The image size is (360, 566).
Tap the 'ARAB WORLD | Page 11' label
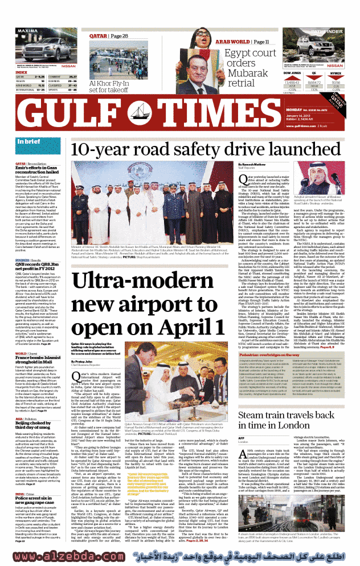(242, 42)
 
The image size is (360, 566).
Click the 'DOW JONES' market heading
(292, 74)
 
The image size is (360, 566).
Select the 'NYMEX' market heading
(337, 74)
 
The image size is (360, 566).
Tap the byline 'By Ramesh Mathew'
(252, 164)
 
